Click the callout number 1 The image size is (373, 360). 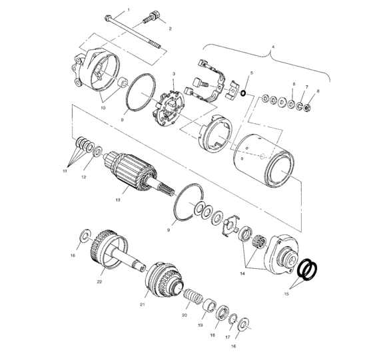(x=129, y=10)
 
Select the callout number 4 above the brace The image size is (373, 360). (x=273, y=47)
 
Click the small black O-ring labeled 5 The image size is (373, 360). (x=243, y=93)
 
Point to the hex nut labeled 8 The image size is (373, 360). (x=307, y=108)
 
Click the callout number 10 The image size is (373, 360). (x=103, y=108)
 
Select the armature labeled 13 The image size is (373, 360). (x=131, y=172)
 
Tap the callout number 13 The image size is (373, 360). (x=118, y=200)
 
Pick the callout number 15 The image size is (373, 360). (x=286, y=293)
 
